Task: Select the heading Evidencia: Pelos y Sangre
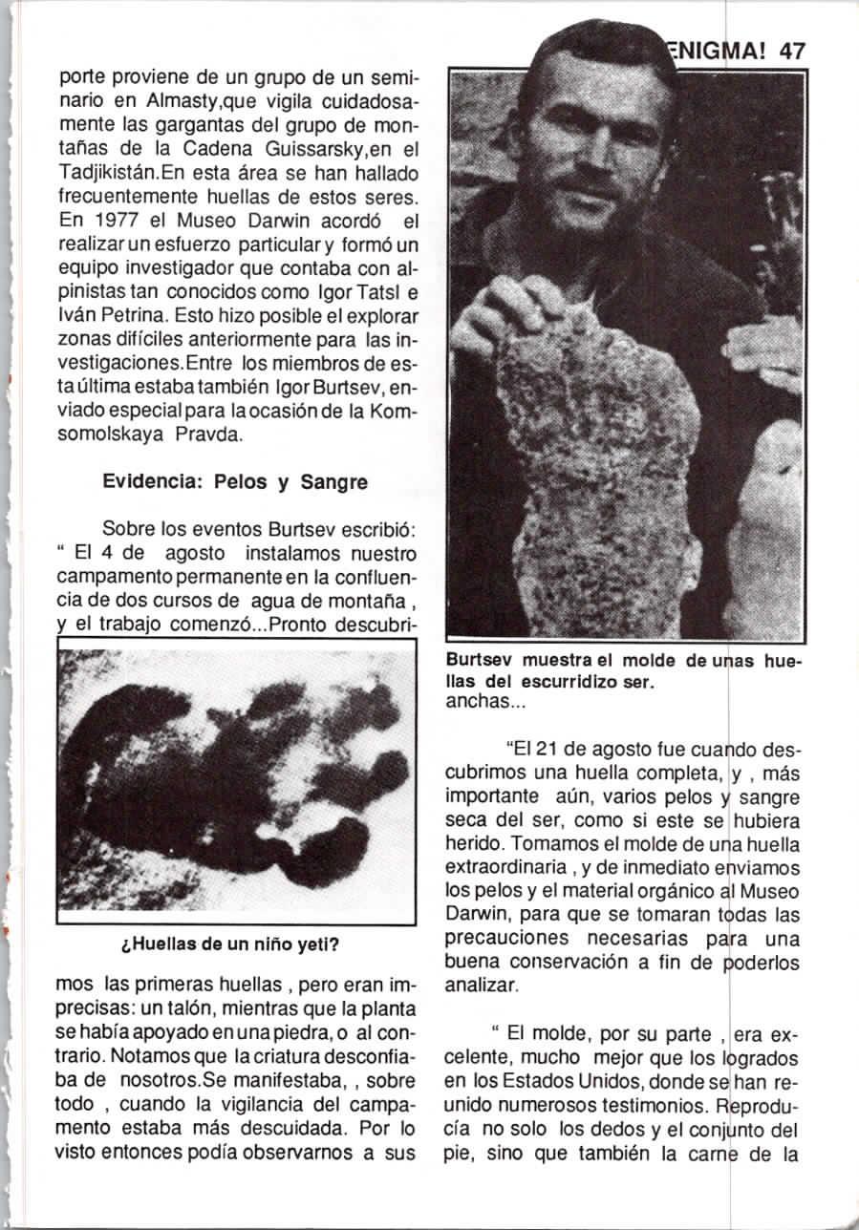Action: (234, 482)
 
